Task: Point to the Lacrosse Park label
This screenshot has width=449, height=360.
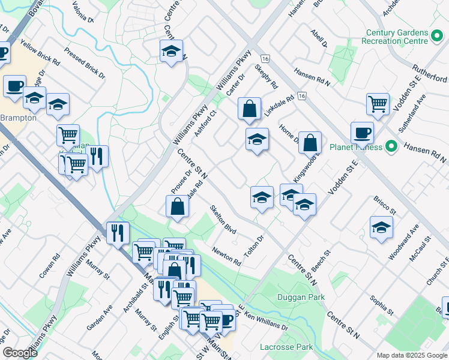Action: click(x=286, y=347)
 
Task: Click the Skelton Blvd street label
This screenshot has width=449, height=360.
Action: click(x=222, y=220)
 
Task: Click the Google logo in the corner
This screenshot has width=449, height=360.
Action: click(x=20, y=353)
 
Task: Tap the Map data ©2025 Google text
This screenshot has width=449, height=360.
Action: click(x=411, y=355)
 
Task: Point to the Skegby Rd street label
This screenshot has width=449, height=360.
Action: click(x=267, y=76)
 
